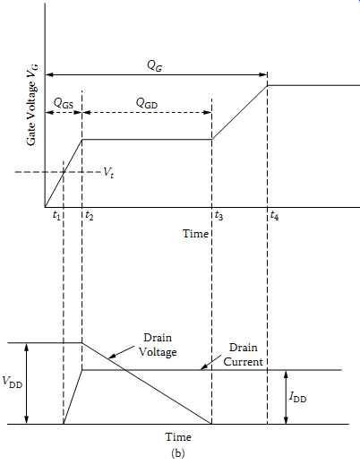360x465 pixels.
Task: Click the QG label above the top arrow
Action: [155, 66]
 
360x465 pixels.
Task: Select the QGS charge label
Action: [64, 104]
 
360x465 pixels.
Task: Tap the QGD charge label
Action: [147, 103]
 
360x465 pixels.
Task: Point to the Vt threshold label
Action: [108, 173]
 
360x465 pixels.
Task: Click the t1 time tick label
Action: [56, 215]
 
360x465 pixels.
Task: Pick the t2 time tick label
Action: [90, 215]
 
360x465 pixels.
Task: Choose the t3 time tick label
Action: [219, 215]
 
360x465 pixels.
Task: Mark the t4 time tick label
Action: [275, 215]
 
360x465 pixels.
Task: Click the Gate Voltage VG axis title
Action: [32, 105]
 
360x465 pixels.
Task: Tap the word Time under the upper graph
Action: [195, 234]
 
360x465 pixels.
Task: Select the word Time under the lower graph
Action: [178, 437]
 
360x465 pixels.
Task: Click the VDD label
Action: [13, 382]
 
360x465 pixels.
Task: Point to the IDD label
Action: [298, 397]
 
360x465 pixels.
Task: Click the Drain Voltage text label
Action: [158, 345]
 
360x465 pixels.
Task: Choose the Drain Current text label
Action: [244, 355]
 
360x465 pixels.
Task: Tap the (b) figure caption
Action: [178, 453]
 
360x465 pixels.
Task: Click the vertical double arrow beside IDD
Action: [286, 397]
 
